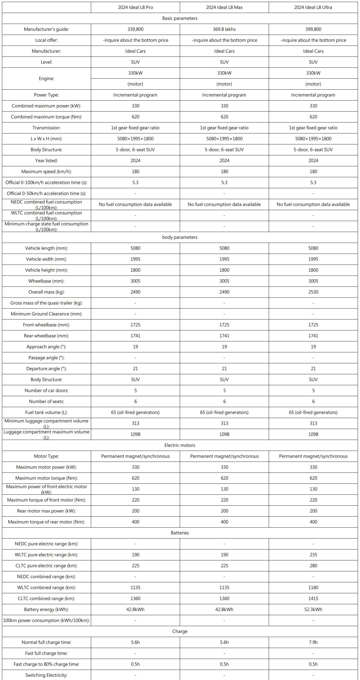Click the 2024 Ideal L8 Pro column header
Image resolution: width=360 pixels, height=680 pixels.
coord(135,7)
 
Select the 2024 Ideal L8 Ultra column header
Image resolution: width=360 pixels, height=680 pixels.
coord(313,7)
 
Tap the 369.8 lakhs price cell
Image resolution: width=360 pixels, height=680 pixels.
coord(224,29)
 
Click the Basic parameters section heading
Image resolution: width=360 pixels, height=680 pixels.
coord(180,18)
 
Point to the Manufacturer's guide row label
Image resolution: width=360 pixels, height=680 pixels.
coord(46,29)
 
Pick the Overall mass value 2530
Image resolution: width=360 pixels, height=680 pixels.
coord(313,292)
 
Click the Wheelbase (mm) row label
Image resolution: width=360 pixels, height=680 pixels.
coord(46,281)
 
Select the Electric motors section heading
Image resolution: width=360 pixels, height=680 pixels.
coord(180,445)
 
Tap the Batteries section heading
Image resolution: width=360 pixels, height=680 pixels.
coord(180,533)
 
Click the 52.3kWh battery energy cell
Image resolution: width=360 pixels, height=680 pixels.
coord(313,609)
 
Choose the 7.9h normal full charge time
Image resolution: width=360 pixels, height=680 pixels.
coord(313,642)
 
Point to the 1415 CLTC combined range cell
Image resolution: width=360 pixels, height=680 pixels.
coord(313,598)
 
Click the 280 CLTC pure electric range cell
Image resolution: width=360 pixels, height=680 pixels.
coord(313,565)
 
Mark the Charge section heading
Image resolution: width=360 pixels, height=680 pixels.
coord(180,631)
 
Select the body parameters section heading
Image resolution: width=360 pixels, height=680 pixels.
coord(180,237)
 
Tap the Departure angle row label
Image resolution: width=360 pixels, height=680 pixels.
coord(46,369)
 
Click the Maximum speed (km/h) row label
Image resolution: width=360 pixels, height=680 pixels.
coord(46,172)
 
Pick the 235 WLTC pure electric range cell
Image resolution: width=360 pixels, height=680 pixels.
coord(313,554)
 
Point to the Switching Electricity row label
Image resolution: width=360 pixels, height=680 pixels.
coord(46,675)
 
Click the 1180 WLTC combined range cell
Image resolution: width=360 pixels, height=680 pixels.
coord(313,587)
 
